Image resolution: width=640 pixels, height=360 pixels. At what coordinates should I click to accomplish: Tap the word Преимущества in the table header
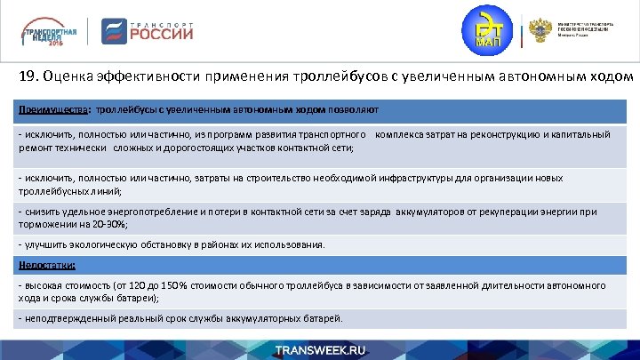click(50, 109)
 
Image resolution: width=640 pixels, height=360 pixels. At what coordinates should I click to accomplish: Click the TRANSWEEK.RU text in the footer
click(320, 349)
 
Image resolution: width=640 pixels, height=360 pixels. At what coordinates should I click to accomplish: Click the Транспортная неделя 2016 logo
click(51, 32)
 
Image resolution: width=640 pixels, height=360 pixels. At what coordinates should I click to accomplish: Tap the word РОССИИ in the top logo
click(162, 36)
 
